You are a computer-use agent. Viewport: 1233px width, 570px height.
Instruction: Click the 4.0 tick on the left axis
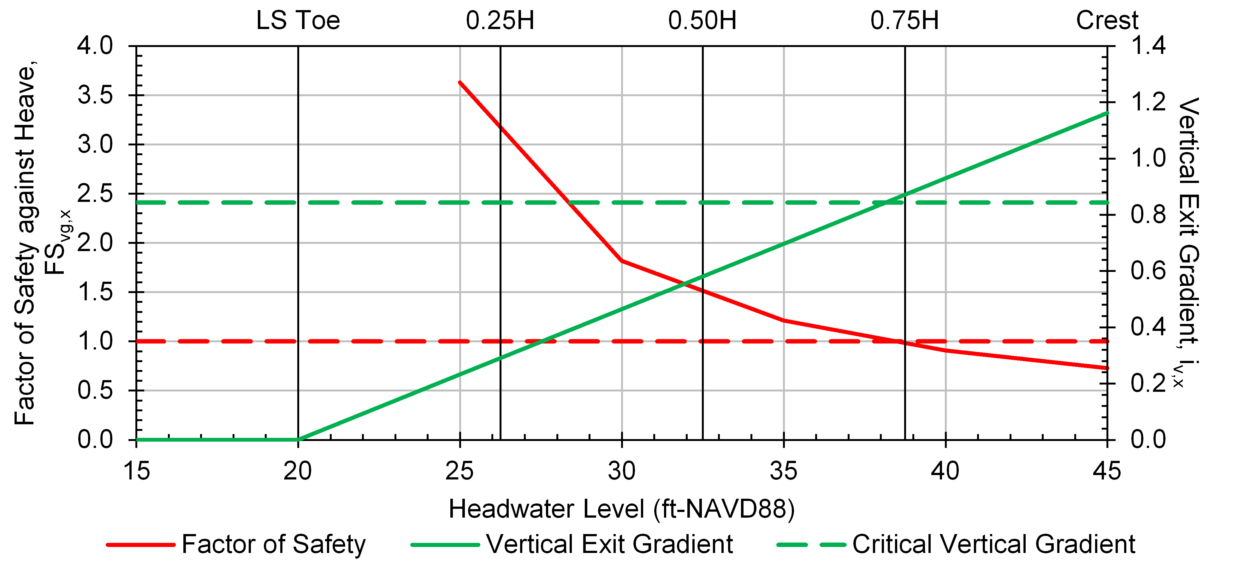click(95, 46)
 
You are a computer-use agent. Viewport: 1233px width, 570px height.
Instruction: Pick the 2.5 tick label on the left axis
click(95, 193)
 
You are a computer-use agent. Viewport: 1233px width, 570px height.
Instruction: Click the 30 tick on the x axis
click(622, 471)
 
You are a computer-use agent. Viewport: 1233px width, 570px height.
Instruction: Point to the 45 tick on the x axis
click(1107, 471)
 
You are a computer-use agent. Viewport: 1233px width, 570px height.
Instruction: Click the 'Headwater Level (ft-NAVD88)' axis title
click(621, 509)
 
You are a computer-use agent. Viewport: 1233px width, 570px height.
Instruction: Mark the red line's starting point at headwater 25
click(460, 83)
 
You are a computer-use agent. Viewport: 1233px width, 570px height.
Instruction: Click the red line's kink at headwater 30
click(622, 261)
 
